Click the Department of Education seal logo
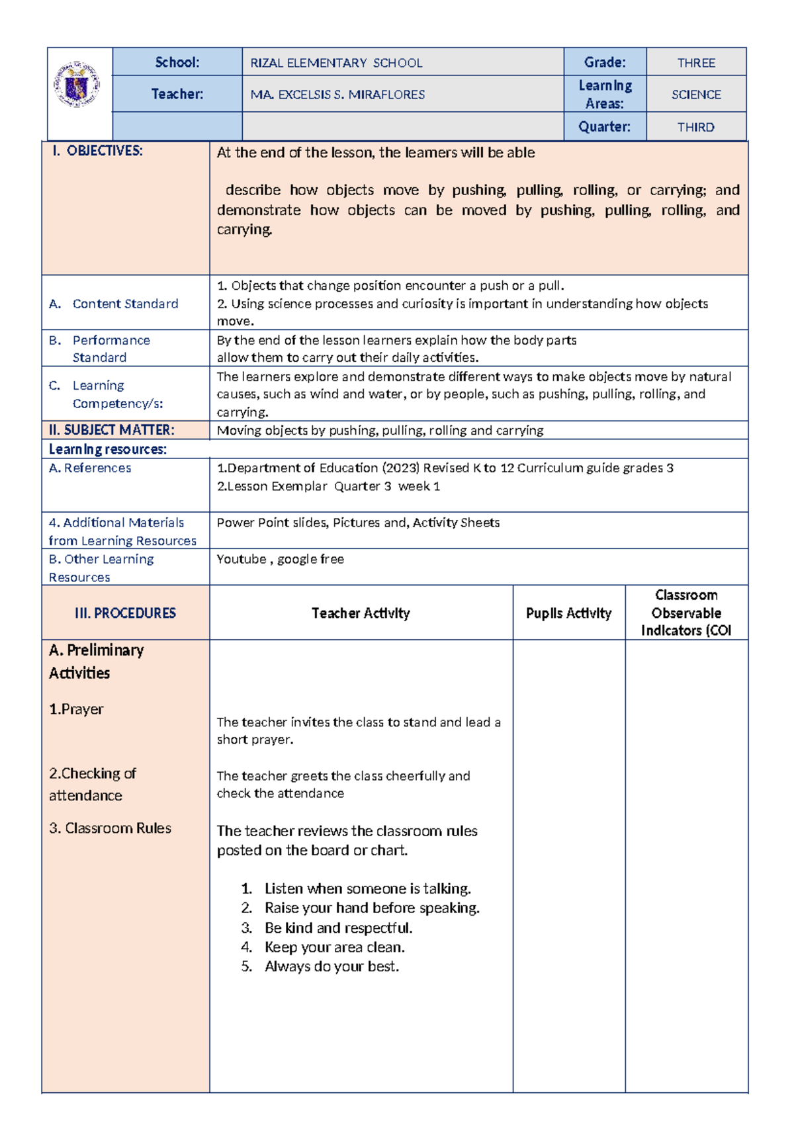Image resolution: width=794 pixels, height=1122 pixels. coord(77,85)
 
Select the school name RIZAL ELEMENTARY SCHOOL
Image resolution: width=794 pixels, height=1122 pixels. coord(336,63)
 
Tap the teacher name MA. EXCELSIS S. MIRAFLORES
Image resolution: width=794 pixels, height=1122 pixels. coord(337,95)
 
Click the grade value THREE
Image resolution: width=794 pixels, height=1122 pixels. coord(696,63)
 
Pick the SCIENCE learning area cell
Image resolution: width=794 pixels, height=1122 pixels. coord(696,95)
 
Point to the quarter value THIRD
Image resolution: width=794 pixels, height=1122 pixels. coord(695,127)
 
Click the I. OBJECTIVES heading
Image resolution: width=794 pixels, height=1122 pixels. coord(98,151)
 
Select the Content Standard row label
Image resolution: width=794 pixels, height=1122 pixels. coord(125,304)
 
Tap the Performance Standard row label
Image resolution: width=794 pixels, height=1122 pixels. coord(111,349)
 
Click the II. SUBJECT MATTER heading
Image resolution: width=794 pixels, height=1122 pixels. coord(111,430)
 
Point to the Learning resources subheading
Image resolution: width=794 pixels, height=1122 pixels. coord(108,449)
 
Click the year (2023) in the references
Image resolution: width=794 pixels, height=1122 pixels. coord(400,468)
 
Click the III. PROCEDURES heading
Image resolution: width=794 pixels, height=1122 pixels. coord(125,613)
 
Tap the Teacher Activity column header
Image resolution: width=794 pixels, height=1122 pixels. coord(361,613)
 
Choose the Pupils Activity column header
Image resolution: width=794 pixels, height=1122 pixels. coord(568,613)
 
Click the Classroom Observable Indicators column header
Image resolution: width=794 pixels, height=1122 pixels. coord(686,613)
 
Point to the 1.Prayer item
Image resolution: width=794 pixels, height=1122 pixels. coord(76,709)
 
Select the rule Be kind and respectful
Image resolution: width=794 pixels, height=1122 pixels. coord(338,928)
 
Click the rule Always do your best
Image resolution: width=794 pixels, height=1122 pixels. coord(331,967)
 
